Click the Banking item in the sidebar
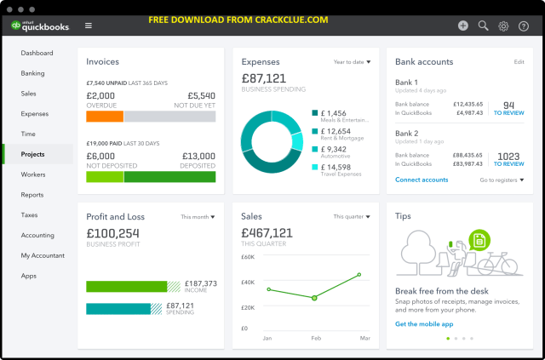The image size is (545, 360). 32,73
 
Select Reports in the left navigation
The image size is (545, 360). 32,195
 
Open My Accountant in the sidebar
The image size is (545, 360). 43,255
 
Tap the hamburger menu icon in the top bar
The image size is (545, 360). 89,26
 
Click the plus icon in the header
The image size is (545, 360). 462,26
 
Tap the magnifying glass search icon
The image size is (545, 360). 483,26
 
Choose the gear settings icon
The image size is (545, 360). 503,26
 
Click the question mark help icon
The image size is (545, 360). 524,26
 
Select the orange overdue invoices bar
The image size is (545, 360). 105,117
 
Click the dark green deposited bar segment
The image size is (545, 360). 169,177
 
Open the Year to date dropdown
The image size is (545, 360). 352,62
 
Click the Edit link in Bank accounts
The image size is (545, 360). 519,62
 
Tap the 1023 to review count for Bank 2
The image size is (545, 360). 508,159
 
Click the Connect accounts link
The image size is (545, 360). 422,180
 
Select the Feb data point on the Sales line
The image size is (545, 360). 314,298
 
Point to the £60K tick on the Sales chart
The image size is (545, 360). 248,256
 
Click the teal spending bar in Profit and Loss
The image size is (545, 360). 118,308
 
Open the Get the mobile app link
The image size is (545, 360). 422,324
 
